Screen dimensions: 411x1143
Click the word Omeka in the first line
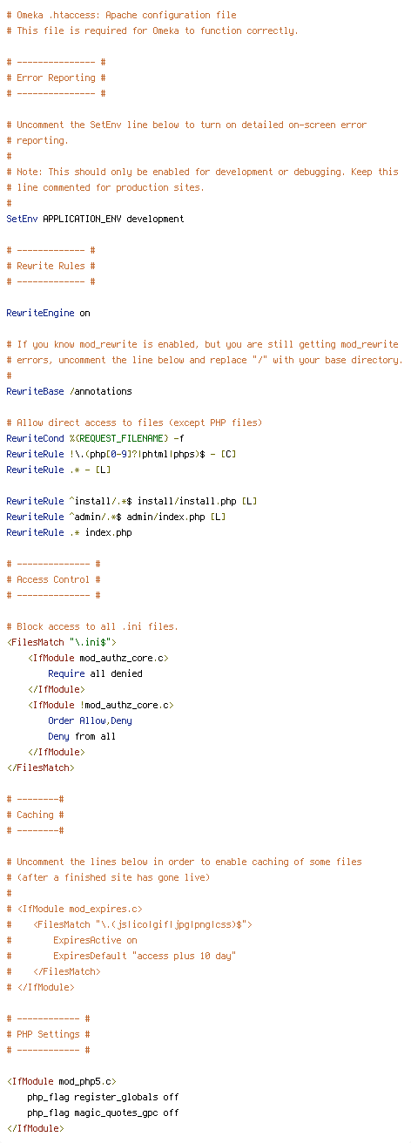pyautogui.click(x=30, y=16)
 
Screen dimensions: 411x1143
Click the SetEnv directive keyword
pyautogui.click(x=22, y=219)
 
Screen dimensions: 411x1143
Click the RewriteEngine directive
pyautogui.click(x=40, y=314)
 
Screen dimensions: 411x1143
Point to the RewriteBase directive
pyautogui.click(x=35, y=391)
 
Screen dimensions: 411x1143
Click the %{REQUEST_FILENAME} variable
pyautogui.click(x=118, y=438)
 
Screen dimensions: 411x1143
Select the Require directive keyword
pyautogui.click(x=66, y=674)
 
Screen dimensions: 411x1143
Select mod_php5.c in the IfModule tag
pyautogui.click(x=84, y=1082)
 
